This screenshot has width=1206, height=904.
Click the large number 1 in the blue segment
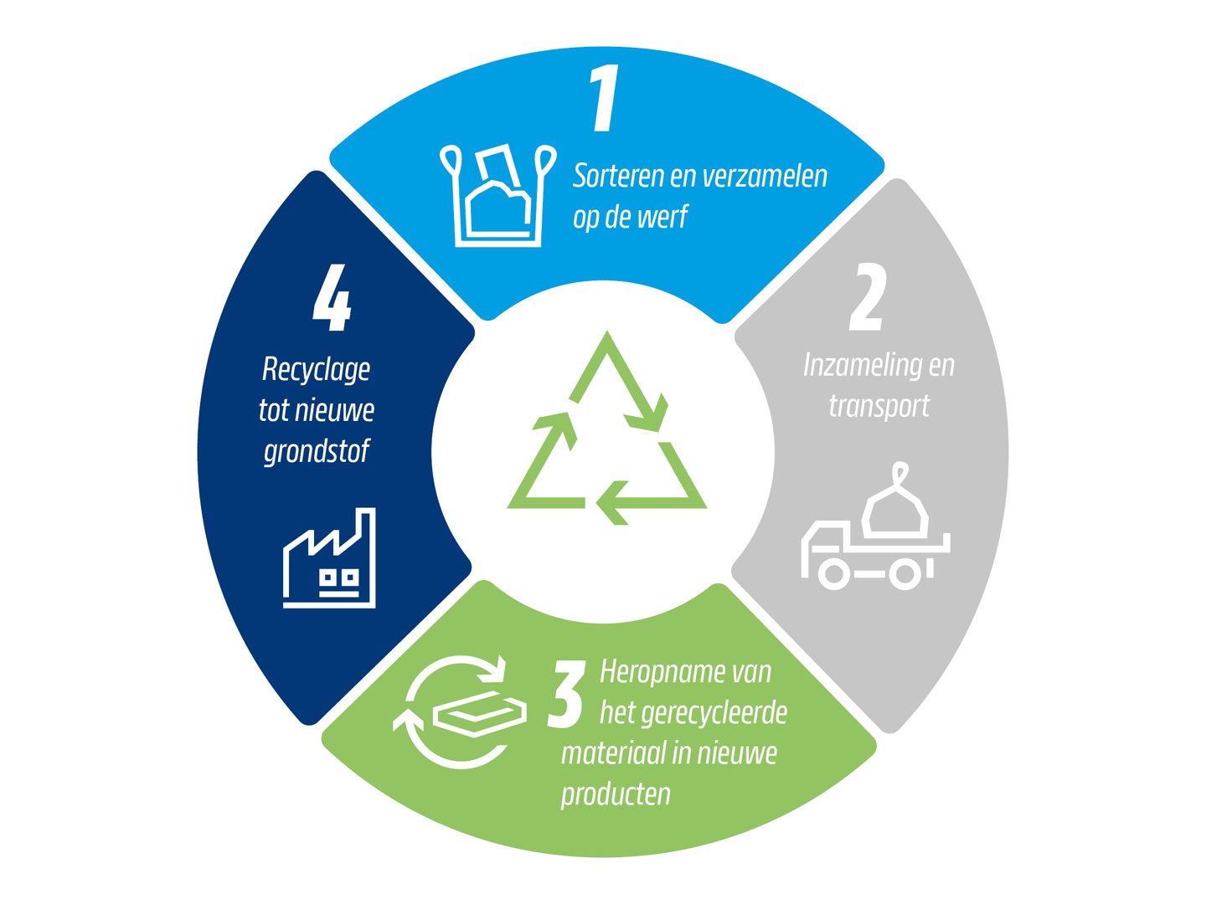[x=605, y=98]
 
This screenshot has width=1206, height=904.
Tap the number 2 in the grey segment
[x=868, y=297]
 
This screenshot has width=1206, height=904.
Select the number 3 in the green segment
[x=565, y=695]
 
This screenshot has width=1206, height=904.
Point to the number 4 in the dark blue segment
[x=332, y=297]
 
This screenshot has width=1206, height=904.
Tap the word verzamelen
[x=765, y=176]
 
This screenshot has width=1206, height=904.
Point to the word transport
[x=879, y=407]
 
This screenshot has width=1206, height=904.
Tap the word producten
[x=616, y=795]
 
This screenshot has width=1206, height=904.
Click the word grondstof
[x=317, y=452]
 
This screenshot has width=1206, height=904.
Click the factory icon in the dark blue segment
[x=329, y=557]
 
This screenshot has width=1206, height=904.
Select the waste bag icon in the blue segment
[x=497, y=195]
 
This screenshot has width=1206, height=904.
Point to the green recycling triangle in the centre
[x=606, y=428]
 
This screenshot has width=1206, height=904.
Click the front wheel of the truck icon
[x=834, y=573]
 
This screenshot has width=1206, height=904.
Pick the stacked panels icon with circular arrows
[x=460, y=712]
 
